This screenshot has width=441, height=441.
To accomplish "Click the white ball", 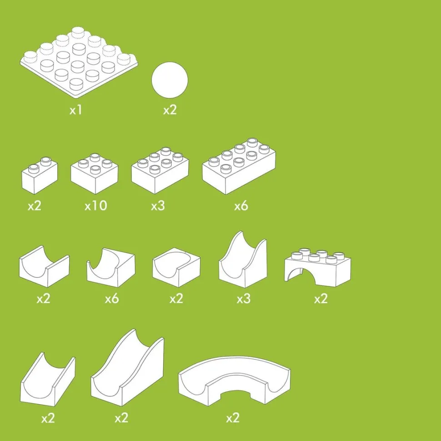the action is tap(170, 80).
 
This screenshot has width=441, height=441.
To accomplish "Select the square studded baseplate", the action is tap(79, 63).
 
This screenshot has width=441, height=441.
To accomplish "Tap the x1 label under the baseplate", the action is tap(75, 110).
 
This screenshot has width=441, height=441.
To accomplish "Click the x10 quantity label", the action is tap(95, 205).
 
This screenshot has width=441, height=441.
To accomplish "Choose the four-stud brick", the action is tap(94, 174).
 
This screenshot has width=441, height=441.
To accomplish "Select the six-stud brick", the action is tap(160, 170).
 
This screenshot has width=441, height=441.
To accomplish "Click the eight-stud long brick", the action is tap(239, 166).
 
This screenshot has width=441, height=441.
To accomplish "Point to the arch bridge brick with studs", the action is tap(318, 267).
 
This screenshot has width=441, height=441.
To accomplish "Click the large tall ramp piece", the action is tap(127, 367).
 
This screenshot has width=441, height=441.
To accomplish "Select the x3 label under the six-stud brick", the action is tap(158, 206).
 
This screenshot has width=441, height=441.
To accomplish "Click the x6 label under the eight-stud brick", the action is tap(241, 206).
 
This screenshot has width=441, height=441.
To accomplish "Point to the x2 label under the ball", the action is tap(170, 110).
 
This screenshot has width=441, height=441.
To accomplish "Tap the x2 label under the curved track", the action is tap(233, 418).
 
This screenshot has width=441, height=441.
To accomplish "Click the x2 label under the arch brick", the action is tap(321, 299).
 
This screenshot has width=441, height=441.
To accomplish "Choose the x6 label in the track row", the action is tap(112, 299).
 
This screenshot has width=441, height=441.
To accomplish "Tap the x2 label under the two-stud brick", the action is tap(35, 206).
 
